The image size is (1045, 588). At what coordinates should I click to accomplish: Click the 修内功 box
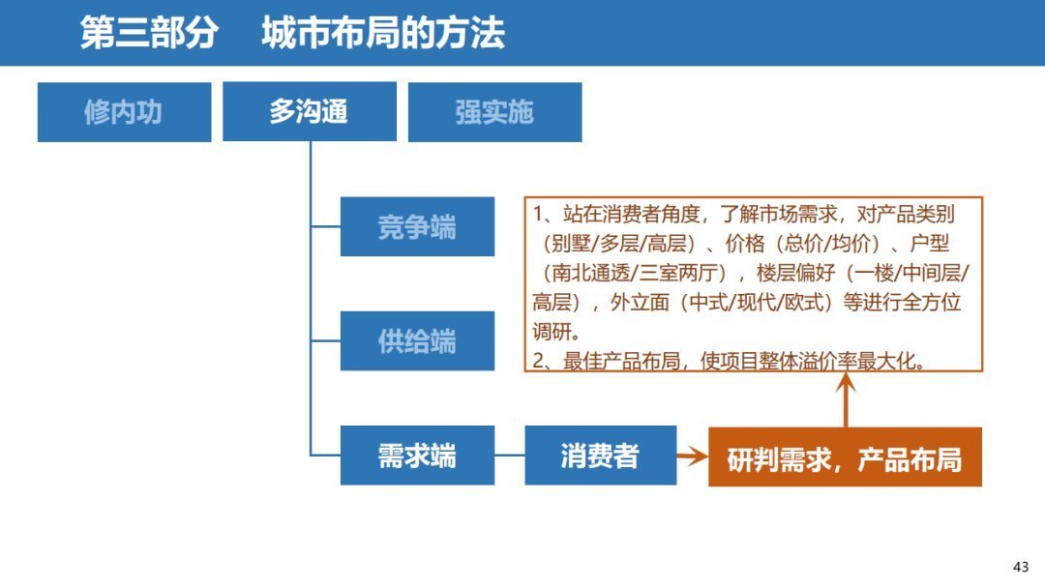pos(124,112)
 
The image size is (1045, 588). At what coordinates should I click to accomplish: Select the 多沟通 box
pos(309,112)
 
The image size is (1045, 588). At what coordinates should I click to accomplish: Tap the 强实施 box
pos(494,112)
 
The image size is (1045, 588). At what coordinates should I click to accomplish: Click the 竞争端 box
pos(417,227)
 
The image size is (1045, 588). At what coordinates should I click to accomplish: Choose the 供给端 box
pos(417,341)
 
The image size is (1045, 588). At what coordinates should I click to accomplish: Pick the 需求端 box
pos(417,456)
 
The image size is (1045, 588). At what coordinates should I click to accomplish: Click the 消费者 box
pos(600,456)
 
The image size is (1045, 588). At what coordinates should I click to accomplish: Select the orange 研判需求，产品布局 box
pos(845,457)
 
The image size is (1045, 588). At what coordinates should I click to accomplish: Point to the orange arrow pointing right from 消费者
pos(692,456)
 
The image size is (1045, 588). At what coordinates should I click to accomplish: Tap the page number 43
pos(1021,567)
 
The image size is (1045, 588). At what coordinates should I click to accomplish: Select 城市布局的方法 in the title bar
pos(383,34)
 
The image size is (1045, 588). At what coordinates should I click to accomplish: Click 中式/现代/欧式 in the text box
pos(760,302)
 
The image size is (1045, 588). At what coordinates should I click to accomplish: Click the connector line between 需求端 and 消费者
pos(509,456)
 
